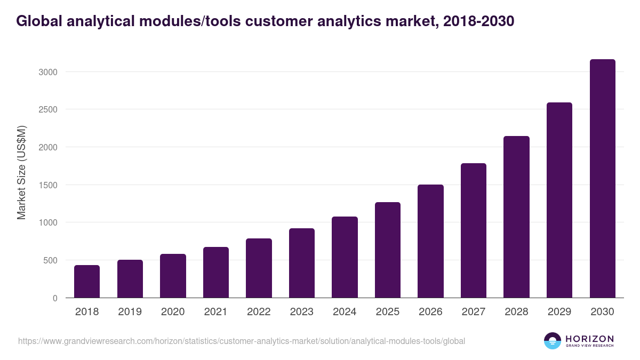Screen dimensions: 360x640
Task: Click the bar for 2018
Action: pos(87,282)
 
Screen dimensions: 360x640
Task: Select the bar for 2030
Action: pos(603,179)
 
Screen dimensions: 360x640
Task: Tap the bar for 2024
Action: pos(345,257)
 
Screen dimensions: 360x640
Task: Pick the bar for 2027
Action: pos(474,230)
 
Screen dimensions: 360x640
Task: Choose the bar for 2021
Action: pos(216,273)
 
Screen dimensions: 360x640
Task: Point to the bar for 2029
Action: pos(559,200)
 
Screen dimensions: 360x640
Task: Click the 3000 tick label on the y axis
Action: pos(47,72)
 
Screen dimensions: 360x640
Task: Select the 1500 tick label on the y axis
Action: pos(47,185)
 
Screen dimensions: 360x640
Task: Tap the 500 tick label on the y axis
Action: pos(50,260)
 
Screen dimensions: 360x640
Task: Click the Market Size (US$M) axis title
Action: pos(21,172)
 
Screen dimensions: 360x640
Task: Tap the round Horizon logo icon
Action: pos(553,341)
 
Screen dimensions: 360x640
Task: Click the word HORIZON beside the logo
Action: pos(589,338)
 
